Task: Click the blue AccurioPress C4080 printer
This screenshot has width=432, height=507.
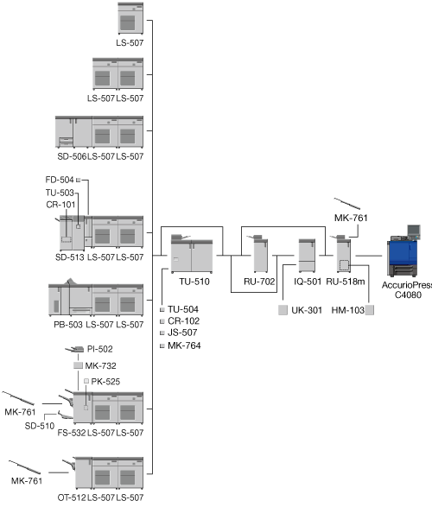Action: [403, 251]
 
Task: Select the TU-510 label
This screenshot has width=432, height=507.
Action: [194, 282]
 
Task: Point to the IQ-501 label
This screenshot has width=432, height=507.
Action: [308, 282]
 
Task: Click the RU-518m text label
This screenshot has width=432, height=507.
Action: [346, 282]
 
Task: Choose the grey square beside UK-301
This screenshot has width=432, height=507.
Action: [283, 310]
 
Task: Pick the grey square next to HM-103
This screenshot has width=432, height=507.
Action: [370, 310]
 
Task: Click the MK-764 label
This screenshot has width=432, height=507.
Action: [184, 345]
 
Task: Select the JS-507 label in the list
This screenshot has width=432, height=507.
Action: [182, 333]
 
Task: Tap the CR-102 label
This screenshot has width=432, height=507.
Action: [183, 321]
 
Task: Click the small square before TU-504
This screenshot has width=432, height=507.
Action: [162, 310]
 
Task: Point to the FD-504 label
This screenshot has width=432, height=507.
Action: [60, 180]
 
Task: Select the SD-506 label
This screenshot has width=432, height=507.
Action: [72, 156]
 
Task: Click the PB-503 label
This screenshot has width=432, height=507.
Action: [68, 325]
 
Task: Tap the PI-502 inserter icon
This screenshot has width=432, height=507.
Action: [74, 350]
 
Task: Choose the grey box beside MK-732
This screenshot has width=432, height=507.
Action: [78, 365]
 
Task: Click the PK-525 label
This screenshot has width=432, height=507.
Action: [105, 382]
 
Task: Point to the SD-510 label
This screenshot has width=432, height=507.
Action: [40, 426]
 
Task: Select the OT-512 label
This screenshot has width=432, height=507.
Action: [72, 497]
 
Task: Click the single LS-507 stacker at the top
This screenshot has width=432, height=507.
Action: [130, 18]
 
